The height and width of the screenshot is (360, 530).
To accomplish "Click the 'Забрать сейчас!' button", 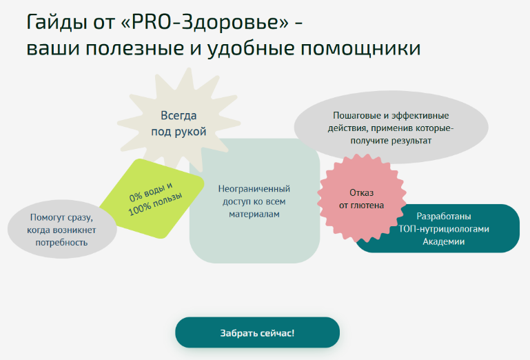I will click(x=257, y=332).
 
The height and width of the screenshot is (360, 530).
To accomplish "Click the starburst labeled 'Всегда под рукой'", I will click(x=179, y=123).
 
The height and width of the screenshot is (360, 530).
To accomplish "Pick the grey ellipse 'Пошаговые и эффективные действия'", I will click(x=391, y=128).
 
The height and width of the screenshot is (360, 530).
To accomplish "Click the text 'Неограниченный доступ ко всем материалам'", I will click(x=254, y=201).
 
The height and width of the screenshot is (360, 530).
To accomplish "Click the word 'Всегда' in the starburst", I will click(x=179, y=116).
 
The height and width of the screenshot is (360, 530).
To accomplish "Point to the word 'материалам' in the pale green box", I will click(x=254, y=214).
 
